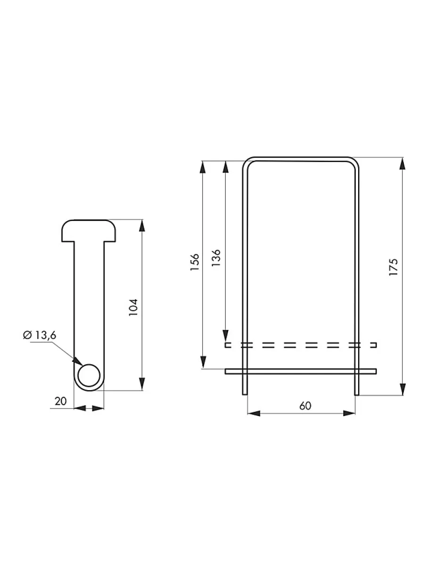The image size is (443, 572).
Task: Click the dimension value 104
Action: coord(134,307)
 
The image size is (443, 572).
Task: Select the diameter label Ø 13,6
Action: coord(40,335)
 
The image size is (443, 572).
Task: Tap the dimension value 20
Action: coord(60,401)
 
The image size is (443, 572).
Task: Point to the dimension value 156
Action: coord(195,262)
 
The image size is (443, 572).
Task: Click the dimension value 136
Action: coord(216,257)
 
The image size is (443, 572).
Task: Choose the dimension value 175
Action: coord(394,267)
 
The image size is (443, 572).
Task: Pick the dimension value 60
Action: coord(305,406)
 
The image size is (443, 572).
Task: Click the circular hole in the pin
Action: coord(89,375)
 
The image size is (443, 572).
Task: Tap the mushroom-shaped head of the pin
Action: coord(89,230)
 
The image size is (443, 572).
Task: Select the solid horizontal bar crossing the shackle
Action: coord(301,371)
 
